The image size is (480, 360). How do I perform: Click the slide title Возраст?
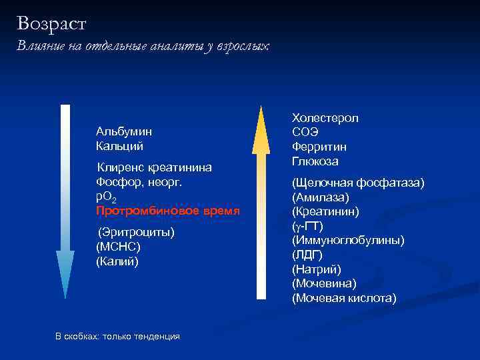point(52,24)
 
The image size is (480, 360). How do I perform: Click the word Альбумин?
point(123,131)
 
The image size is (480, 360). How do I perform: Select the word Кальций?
point(119,146)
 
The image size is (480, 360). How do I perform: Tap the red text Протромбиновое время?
point(167,211)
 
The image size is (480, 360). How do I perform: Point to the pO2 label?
point(105,197)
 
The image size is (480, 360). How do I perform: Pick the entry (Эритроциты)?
point(136,232)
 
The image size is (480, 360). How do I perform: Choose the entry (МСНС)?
point(118,247)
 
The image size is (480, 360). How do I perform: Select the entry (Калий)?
point(117,261)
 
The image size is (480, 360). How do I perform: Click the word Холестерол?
point(325,118)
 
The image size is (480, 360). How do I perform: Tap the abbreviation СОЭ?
point(305,132)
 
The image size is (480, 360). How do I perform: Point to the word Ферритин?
point(319,147)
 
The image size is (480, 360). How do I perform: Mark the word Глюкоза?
point(315,161)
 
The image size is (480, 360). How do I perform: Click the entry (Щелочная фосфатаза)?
point(357,183)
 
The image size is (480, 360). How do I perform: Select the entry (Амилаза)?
point(320,197)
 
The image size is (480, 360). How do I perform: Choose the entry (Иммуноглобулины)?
point(347,240)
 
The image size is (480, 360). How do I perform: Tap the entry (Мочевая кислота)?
point(343,298)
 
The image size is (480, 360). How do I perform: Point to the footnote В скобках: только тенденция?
point(117,337)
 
